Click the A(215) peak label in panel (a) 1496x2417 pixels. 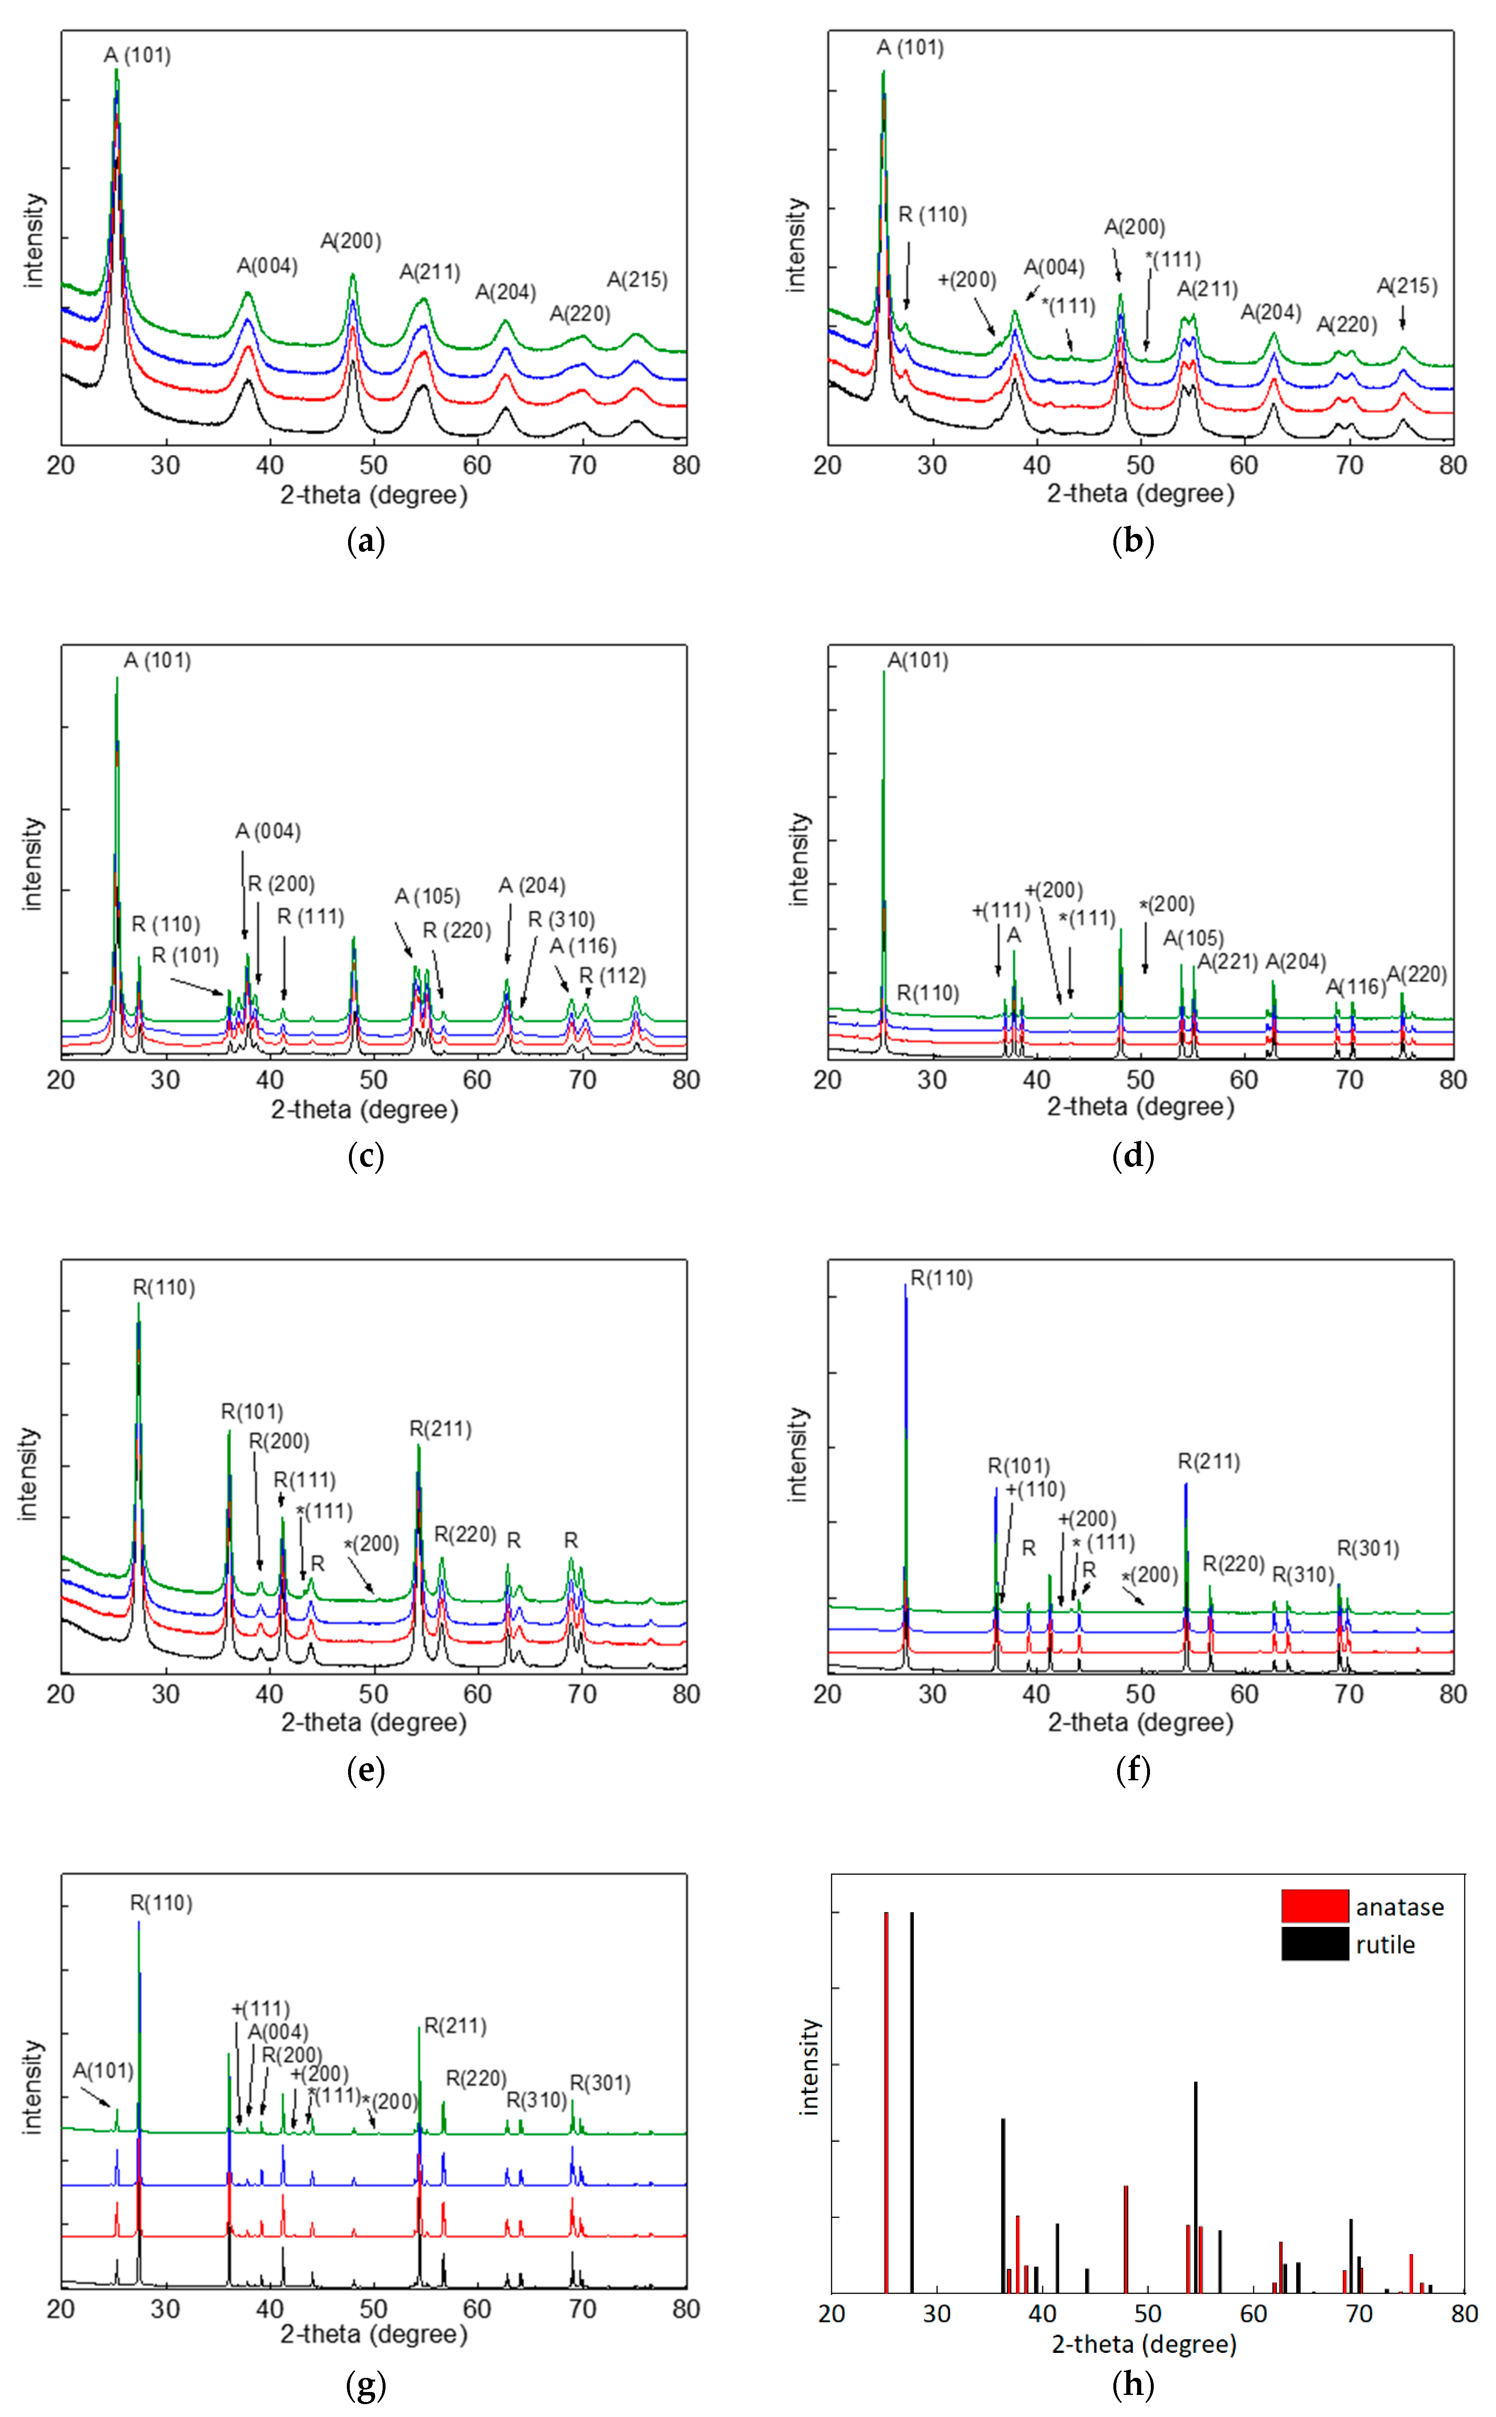637,280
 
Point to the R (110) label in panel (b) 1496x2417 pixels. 932,215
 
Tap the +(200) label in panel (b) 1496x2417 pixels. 967,280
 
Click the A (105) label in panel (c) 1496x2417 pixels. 428,896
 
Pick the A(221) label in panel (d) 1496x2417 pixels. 1227,962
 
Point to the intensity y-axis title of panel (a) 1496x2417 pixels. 35,240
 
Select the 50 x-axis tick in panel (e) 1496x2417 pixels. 373,1694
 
